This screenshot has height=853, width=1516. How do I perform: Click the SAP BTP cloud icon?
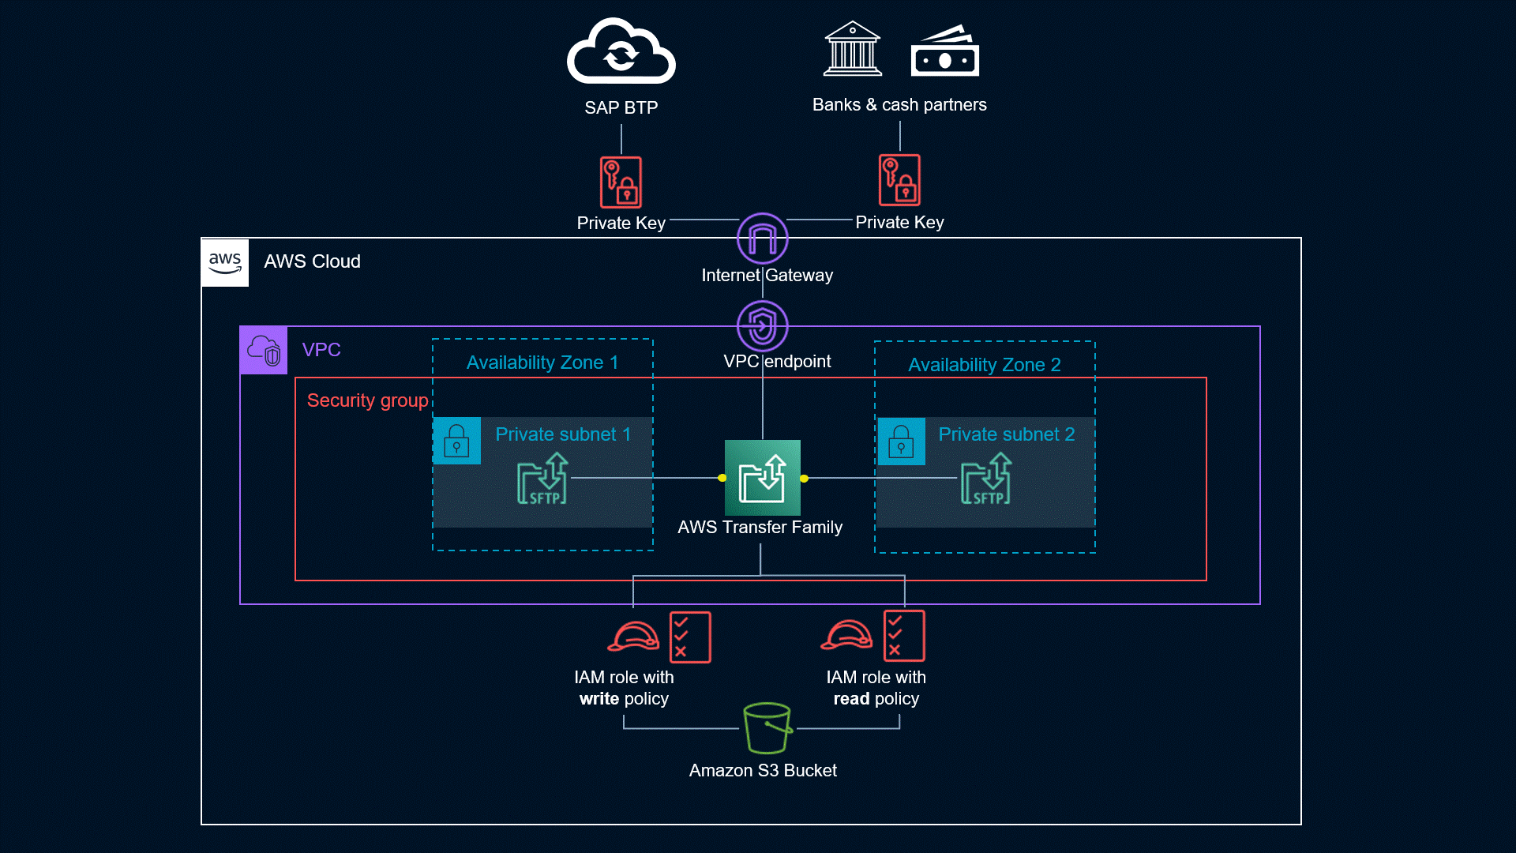click(x=621, y=52)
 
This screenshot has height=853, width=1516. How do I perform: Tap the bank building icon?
click(x=852, y=49)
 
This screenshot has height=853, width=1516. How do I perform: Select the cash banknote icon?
click(x=944, y=52)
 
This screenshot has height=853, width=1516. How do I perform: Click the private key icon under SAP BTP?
click(x=621, y=182)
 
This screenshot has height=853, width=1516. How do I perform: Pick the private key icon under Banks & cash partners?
click(x=899, y=180)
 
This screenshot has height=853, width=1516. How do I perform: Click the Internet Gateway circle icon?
click(x=762, y=238)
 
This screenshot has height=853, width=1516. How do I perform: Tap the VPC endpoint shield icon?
click(x=762, y=325)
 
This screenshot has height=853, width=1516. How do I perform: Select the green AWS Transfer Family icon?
click(x=762, y=478)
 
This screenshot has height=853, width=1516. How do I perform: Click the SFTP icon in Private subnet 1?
click(x=542, y=479)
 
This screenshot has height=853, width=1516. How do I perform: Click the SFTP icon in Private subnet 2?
click(x=985, y=479)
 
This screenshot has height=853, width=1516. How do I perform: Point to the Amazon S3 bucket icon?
click(x=767, y=727)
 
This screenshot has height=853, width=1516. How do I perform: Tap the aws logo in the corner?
click(x=225, y=262)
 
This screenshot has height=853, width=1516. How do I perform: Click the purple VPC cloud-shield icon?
click(x=264, y=350)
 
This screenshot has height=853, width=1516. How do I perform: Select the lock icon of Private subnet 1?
click(x=456, y=441)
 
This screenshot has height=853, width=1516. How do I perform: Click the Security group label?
click(x=367, y=400)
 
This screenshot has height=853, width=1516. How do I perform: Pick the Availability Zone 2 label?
click(x=984, y=365)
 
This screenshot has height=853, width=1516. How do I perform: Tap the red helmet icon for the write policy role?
click(x=633, y=636)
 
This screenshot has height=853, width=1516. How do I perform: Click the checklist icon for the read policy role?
click(x=904, y=636)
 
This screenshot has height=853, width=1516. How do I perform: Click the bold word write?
click(x=599, y=699)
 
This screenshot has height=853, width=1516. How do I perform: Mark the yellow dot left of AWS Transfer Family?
click(x=722, y=478)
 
